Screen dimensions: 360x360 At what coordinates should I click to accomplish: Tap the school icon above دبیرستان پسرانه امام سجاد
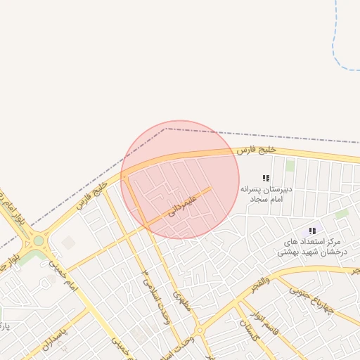point(266,179)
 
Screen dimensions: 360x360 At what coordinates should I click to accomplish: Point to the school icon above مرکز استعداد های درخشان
point(312,231)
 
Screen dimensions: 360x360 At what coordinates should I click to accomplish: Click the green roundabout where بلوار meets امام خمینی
point(38,240)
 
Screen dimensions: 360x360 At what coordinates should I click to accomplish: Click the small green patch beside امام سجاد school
point(290,166)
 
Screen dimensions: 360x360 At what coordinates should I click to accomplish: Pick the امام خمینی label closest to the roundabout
point(60,276)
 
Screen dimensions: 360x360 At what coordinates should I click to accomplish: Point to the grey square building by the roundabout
point(68,243)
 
